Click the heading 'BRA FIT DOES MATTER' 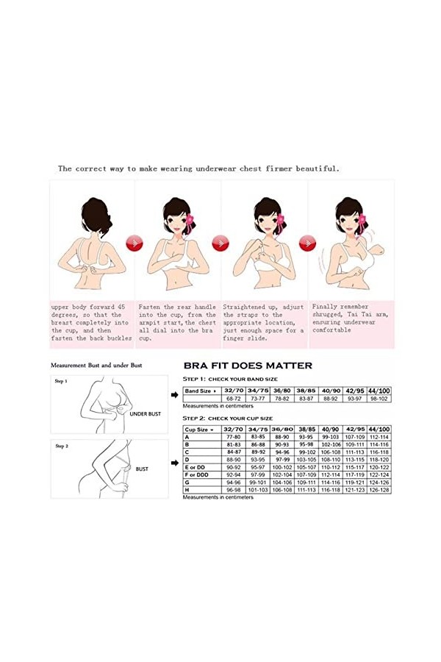pyautogui.click(x=247, y=366)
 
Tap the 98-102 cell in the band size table pyautogui.click(x=379, y=399)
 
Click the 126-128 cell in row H pyautogui.click(x=379, y=489)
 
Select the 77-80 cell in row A pyautogui.click(x=234, y=436)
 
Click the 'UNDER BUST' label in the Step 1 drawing pyautogui.click(x=145, y=414)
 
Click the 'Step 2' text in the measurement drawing pyautogui.click(x=61, y=446)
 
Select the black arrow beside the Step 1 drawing pyautogui.click(x=173, y=395)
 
